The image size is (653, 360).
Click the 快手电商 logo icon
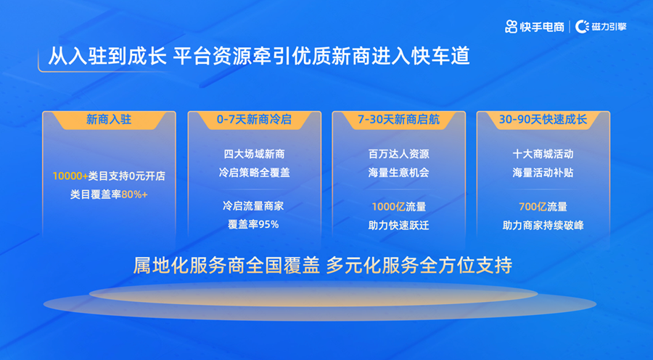[x=511, y=26]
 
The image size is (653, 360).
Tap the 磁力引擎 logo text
[x=609, y=27]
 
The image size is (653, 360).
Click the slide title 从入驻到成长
[x=107, y=56]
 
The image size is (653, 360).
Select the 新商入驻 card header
[x=109, y=120]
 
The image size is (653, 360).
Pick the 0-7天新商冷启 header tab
[x=254, y=120]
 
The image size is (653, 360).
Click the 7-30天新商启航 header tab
[x=398, y=120]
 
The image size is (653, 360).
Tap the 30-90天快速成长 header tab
[x=543, y=120]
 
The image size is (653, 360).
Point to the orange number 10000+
[x=70, y=176]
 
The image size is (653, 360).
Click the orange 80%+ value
[x=134, y=195]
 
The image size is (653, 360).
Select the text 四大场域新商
[x=254, y=154]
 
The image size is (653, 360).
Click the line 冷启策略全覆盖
[x=254, y=173]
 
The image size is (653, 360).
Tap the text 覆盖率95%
[x=253, y=224]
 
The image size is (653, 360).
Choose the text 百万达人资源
[x=398, y=154]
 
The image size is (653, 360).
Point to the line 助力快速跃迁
[x=398, y=226]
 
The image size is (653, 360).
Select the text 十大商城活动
[x=543, y=154]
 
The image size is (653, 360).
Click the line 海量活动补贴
[x=543, y=173]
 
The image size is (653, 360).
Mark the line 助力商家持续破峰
[x=543, y=226]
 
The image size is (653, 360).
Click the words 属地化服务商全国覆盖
[x=226, y=266]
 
